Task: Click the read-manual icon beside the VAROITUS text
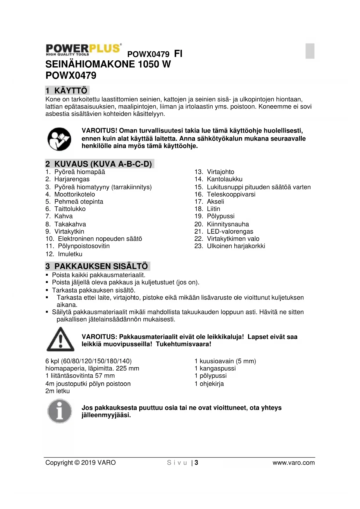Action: click(59, 139)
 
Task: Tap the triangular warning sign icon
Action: click(60, 339)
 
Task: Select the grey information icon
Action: click(60, 411)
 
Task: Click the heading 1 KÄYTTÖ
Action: click(67, 91)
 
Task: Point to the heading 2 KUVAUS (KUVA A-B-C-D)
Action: click(99, 164)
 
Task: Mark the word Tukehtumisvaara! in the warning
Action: click(184, 344)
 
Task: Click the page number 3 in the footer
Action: click(196, 463)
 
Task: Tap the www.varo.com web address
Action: click(294, 463)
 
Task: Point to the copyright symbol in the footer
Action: click(77, 463)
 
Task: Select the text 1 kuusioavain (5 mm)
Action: click(225, 361)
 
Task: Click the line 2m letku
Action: click(58, 391)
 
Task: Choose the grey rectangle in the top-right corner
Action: click(310, 51)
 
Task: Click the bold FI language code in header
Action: click(178, 54)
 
